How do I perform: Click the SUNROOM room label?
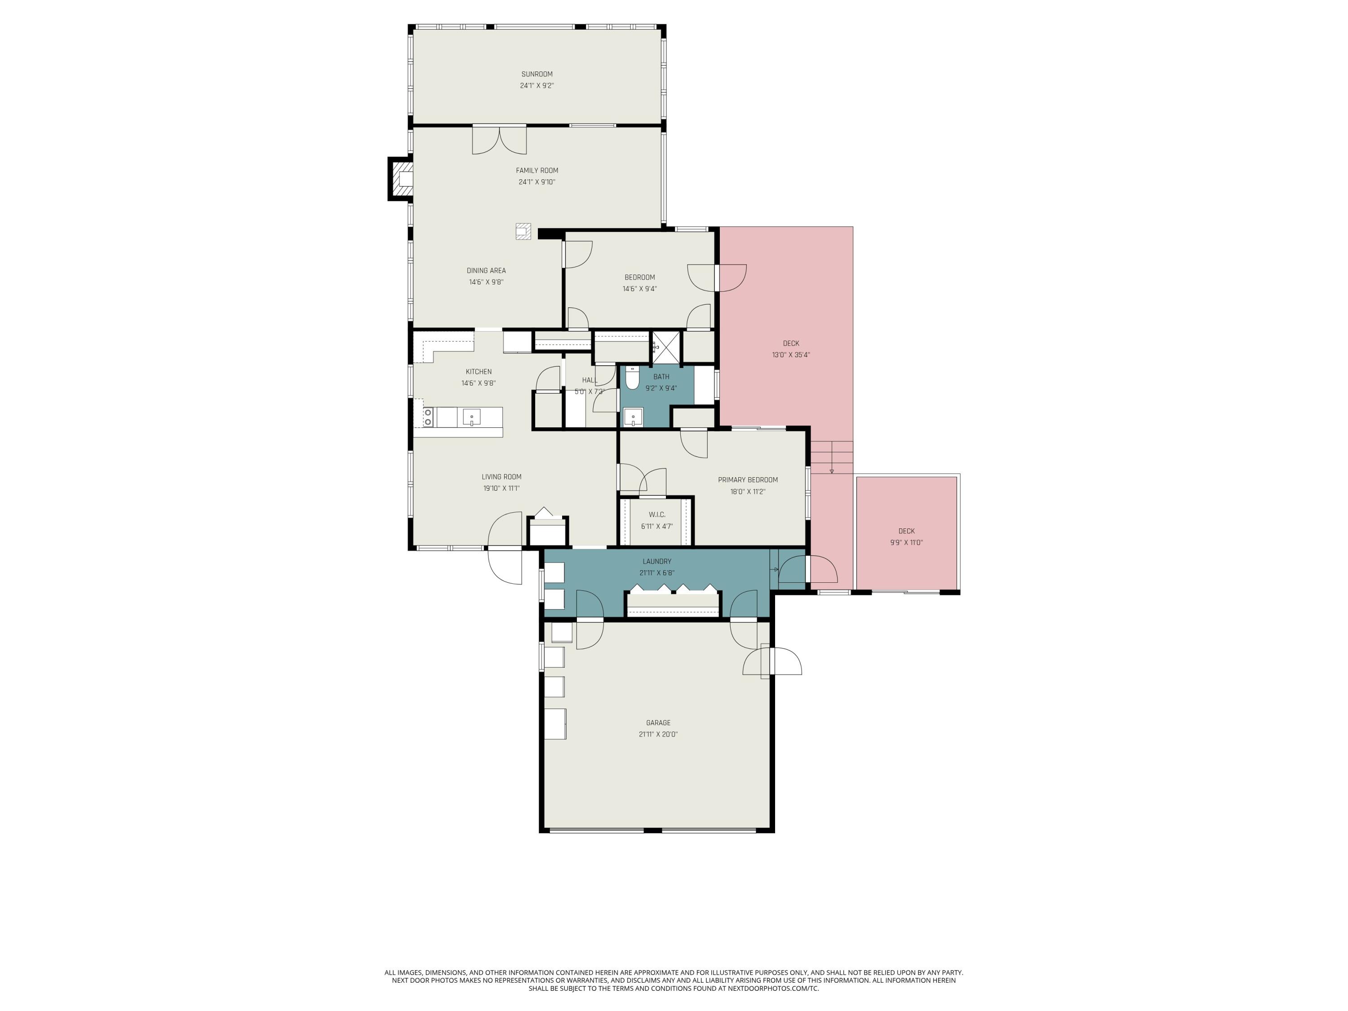[536, 74]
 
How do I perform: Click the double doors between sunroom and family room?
[499, 140]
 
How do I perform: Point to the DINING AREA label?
[486, 270]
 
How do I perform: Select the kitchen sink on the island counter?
[471, 417]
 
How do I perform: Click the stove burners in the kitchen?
[428, 417]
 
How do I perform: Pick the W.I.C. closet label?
[656, 515]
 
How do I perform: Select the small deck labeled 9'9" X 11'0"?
[906, 536]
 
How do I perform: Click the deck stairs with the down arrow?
[831, 457]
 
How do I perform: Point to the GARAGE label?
[657, 723]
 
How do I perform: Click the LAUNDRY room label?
[656, 562]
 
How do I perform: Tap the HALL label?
[589, 380]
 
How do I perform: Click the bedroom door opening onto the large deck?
[731, 277]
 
